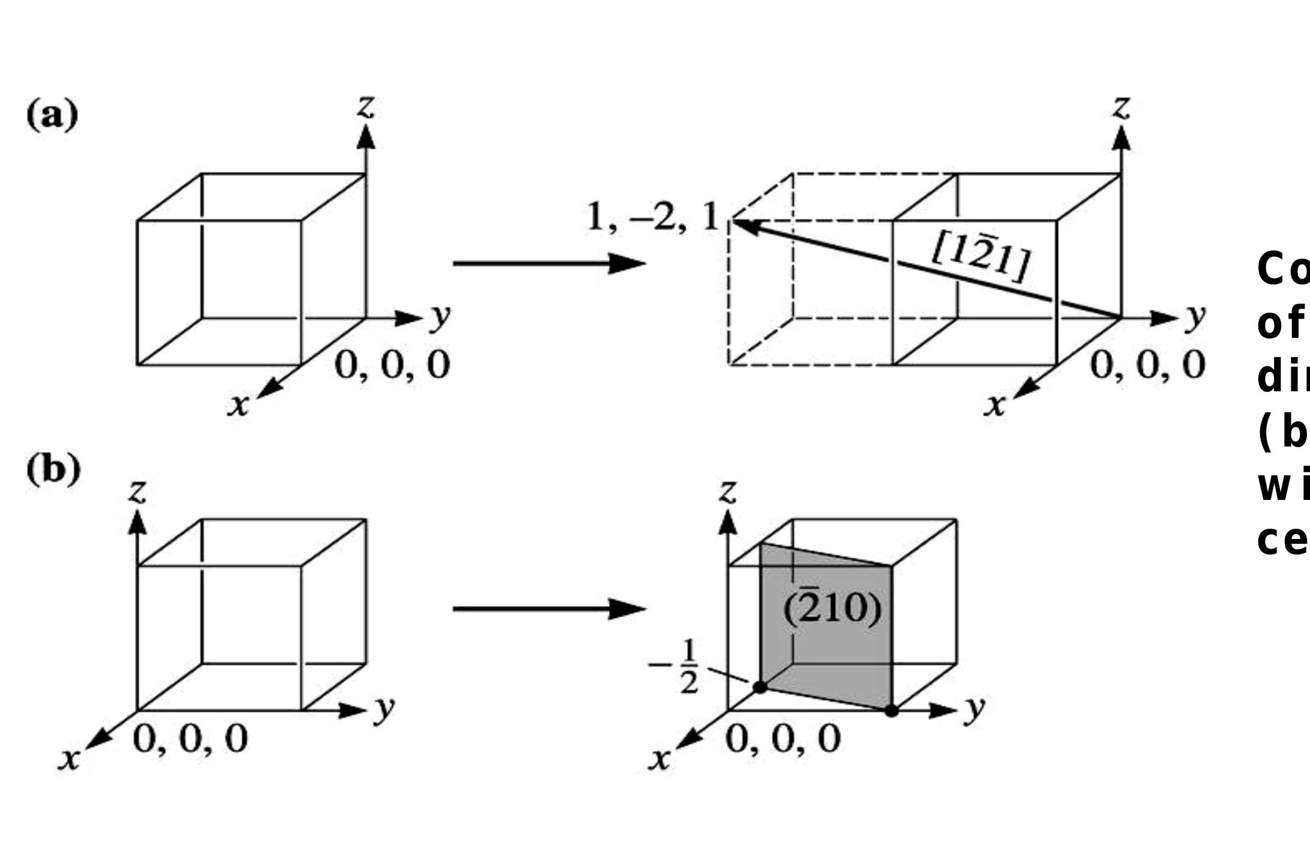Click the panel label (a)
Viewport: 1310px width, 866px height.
point(52,115)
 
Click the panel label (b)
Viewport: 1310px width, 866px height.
point(53,469)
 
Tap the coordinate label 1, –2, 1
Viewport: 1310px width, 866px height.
point(652,217)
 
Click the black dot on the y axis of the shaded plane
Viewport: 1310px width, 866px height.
point(891,711)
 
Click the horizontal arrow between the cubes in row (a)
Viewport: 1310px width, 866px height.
point(548,263)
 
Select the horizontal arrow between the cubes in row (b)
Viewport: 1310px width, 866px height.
point(548,609)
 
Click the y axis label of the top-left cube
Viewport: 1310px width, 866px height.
point(440,317)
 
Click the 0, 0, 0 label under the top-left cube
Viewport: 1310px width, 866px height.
point(392,365)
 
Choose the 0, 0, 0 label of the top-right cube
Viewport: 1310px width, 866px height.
point(1148,365)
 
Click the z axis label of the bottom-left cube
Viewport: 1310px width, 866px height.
point(138,492)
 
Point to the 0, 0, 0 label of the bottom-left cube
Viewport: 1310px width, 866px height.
point(190,738)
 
